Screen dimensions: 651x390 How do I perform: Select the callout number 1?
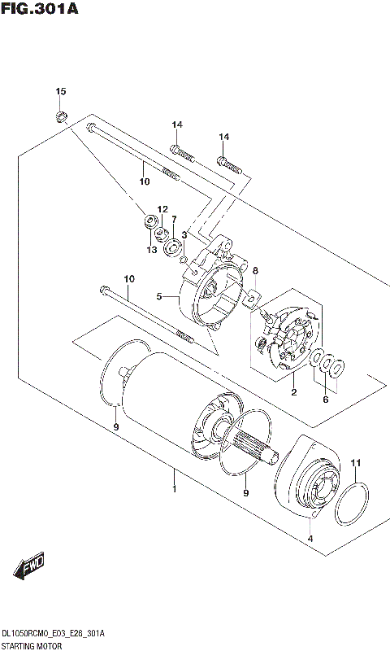click(173, 489)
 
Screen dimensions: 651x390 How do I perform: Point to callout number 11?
click(354, 464)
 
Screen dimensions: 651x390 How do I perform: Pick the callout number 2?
click(293, 393)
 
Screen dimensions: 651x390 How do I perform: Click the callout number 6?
click(326, 400)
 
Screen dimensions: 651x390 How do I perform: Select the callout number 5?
click(160, 296)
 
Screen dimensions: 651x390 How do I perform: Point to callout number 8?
click(254, 270)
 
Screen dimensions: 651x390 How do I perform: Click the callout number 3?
click(184, 234)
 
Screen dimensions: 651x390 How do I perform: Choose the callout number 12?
click(162, 209)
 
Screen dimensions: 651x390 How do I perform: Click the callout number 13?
click(151, 250)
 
